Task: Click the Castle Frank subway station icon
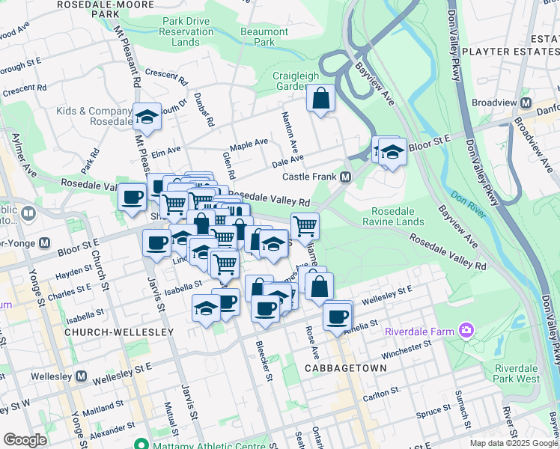[x=346, y=177]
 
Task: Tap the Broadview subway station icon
[x=526, y=103]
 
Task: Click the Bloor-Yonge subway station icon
[x=44, y=243]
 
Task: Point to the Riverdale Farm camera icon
[x=468, y=330]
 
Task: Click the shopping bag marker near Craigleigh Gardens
[x=321, y=99]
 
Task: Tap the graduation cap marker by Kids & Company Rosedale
[x=147, y=117]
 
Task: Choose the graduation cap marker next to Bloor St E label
[x=391, y=152]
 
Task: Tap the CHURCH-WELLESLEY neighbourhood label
[x=119, y=332]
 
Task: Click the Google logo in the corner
[x=25, y=440]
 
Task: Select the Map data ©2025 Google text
[x=513, y=443]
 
